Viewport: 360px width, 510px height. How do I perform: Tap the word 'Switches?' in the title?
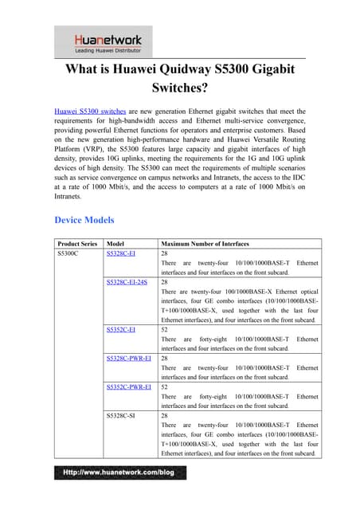[x=179, y=89]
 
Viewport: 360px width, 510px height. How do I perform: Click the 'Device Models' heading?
[x=84, y=220]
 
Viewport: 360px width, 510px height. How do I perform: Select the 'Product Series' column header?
[x=77, y=243]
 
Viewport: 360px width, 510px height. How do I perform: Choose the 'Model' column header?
[x=115, y=243]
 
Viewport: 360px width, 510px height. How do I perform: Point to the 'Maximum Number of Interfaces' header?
[x=205, y=243]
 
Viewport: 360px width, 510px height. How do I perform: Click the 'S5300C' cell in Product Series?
[x=68, y=253]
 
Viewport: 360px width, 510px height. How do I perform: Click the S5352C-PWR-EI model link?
[x=128, y=386]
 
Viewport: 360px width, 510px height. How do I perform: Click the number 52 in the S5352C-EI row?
[x=165, y=328]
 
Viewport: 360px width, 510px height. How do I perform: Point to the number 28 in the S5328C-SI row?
[x=165, y=416]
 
